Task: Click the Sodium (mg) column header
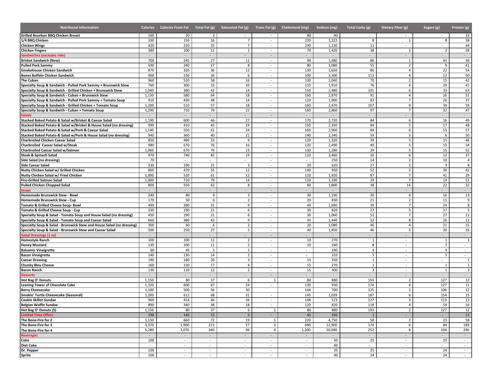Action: (327, 28)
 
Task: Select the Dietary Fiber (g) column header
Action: (394, 28)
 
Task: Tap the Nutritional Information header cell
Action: (79, 28)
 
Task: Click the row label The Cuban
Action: (29, 80)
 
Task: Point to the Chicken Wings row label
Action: (33, 45)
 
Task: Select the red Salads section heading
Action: (26, 115)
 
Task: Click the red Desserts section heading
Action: (28, 275)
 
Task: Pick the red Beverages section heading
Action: (29, 336)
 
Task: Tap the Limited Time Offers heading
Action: (37, 315)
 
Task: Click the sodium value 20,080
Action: (332, 330)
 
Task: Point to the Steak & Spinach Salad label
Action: (39, 155)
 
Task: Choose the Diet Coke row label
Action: (29, 346)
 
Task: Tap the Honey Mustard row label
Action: (34, 245)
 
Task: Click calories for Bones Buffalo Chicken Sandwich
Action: (151, 75)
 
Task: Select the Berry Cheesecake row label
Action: (35, 290)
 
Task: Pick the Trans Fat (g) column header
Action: (265, 28)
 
